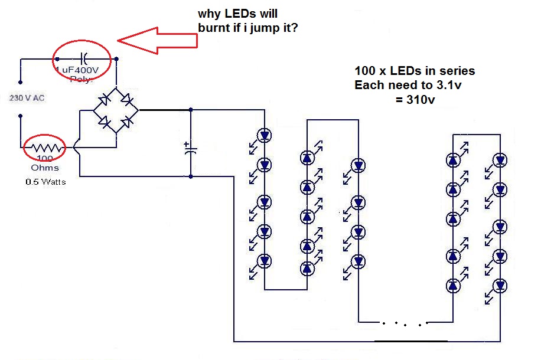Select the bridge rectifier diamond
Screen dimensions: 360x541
tap(116, 110)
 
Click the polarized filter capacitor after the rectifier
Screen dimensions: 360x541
tap(190, 148)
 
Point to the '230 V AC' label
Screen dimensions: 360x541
tap(27, 99)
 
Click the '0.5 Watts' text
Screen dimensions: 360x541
tap(45, 182)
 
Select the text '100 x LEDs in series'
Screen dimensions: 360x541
tap(414, 71)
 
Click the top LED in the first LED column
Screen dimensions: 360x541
tap(264, 136)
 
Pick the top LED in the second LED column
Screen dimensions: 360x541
tap(307, 157)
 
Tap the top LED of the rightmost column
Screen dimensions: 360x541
tap(500, 159)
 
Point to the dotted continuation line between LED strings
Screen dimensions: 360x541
tap(404, 323)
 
